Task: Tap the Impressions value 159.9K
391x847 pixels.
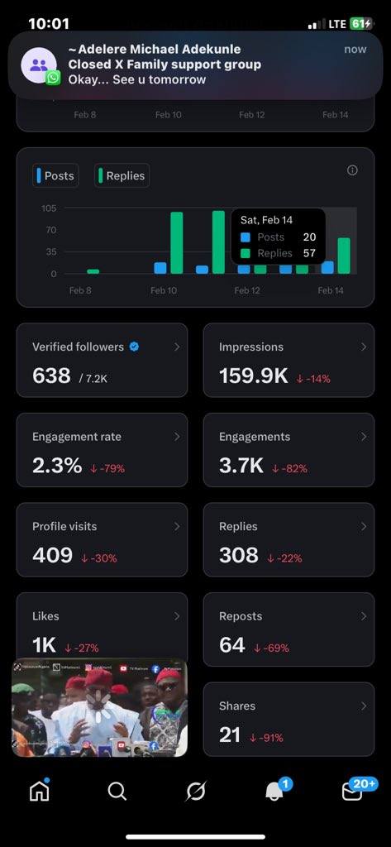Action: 253,376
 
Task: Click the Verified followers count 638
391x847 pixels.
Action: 51,376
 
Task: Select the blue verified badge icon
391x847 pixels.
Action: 134,347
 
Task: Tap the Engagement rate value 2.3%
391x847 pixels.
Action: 57,466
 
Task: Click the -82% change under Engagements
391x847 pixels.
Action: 290,468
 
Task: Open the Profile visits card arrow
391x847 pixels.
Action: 177,526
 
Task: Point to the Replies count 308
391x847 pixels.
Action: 239,555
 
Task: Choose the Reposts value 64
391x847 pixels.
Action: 232,645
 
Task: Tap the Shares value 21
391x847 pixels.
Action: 231,735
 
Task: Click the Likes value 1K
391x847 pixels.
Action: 45,646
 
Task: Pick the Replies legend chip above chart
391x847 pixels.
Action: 122,175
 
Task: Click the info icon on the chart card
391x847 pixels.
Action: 352,170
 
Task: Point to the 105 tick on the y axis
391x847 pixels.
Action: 49,208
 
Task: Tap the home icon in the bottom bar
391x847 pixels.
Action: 39,791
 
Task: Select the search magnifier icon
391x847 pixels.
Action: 117,792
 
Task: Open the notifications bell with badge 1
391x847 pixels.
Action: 274,792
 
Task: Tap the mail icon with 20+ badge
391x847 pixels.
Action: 353,792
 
